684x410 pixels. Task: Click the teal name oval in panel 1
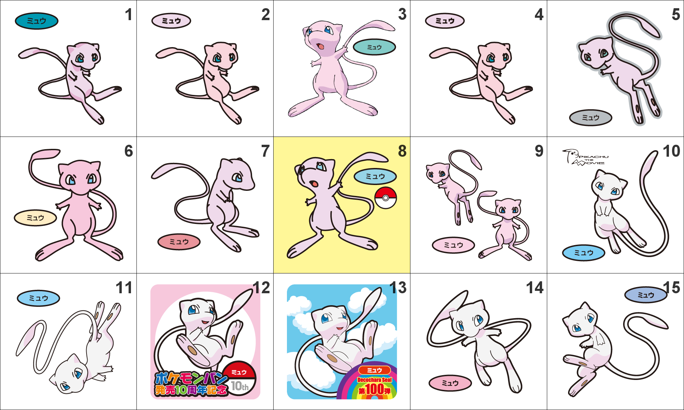(37, 21)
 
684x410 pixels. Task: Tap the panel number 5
(676, 14)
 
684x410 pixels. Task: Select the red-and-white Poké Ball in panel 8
(385, 198)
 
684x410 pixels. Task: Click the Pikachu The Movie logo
(585, 157)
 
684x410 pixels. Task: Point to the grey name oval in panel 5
(591, 118)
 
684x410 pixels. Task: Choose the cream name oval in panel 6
(35, 218)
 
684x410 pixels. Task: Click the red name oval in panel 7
(179, 242)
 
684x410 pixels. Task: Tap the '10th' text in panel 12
(240, 386)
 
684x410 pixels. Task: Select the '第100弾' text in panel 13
(374, 390)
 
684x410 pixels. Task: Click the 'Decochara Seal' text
(374, 380)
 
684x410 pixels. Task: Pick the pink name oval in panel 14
(450, 383)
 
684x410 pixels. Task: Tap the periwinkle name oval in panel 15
(646, 295)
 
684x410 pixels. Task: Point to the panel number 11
(124, 288)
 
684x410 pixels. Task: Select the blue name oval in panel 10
(583, 253)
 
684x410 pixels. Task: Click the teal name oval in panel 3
(374, 47)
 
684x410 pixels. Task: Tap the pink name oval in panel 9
(453, 245)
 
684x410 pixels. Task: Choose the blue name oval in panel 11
(38, 298)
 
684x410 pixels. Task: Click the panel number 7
(265, 151)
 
